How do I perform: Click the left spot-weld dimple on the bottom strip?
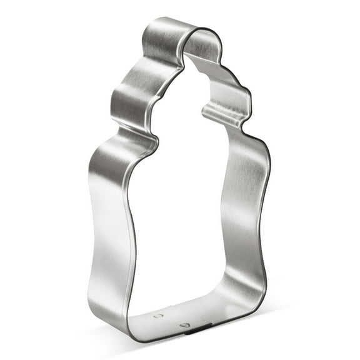(x=156, y=316)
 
